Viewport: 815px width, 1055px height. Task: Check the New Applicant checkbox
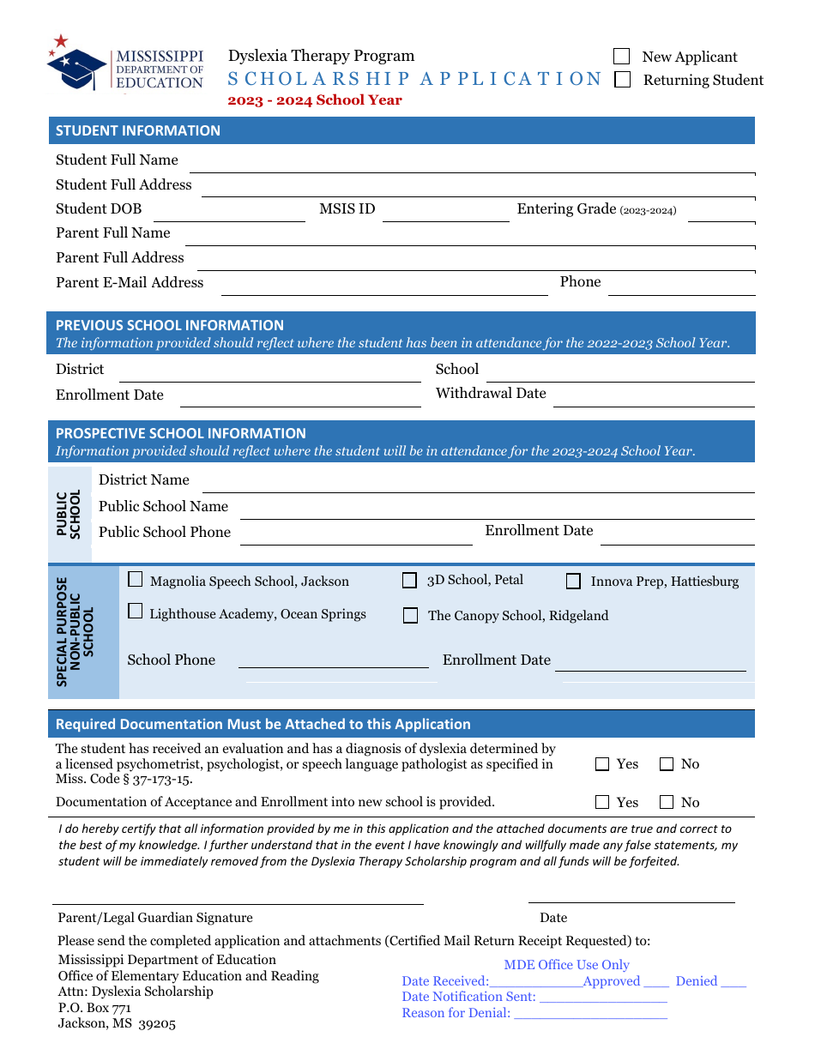pyautogui.click(x=622, y=57)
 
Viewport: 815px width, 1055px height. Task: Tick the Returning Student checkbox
pyautogui.click(x=623, y=80)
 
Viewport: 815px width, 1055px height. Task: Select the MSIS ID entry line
pyautogui.click(x=445, y=214)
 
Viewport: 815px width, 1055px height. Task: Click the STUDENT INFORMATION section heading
pyautogui.click(x=138, y=130)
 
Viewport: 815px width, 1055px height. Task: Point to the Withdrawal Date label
pyautogui.click(x=491, y=393)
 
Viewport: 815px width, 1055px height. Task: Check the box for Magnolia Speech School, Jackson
pyautogui.click(x=136, y=580)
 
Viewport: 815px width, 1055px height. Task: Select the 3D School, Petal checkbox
pyautogui.click(x=410, y=581)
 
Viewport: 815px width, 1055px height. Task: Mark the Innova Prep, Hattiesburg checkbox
pyautogui.click(x=573, y=582)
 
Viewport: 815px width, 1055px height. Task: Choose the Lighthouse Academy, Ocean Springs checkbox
pyautogui.click(x=136, y=612)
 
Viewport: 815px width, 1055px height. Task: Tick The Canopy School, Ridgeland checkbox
pyautogui.click(x=411, y=616)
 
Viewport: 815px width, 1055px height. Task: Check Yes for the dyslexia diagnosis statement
pyautogui.click(x=602, y=764)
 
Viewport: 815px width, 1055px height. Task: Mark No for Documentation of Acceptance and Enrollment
pyautogui.click(x=667, y=803)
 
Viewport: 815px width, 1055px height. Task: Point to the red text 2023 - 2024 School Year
pyautogui.click(x=315, y=100)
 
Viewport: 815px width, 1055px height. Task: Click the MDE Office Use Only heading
pyautogui.click(x=566, y=965)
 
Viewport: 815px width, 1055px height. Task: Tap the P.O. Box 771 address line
pyautogui.click(x=94, y=1008)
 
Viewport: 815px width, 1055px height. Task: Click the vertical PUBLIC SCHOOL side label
pyautogui.click(x=69, y=514)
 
